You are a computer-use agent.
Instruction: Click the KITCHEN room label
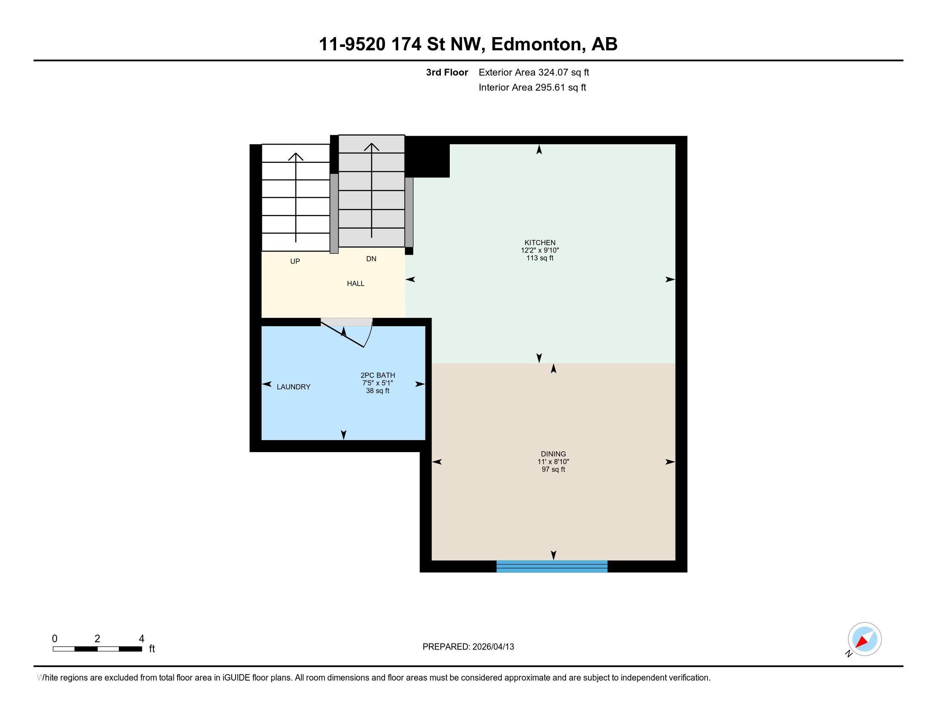click(x=540, y=243)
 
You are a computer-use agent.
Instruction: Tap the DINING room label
click(x=553, y=454)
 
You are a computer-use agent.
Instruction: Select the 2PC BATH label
click(x=377, y=375)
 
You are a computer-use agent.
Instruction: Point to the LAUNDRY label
click(x=293, y=387)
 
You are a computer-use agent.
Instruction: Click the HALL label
click(x=356, y=284)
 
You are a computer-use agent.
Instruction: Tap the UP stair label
click(x=295, y=261)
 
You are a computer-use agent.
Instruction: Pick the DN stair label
click(x=371, y=258)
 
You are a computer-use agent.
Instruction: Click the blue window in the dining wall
click(x=552, y=566)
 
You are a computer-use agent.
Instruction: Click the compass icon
click(x=865, y=639)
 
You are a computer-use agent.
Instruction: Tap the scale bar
click(x=98, y=649)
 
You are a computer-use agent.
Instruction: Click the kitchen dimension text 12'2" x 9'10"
click(x=540, y=250)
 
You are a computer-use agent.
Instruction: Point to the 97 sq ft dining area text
click(x=553, y=470)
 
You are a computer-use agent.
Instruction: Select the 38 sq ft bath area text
click(x=377, y=391)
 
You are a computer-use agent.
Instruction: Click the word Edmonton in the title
click(x=538, y=44)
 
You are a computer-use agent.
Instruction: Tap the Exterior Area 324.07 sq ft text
click(x=534, y=72)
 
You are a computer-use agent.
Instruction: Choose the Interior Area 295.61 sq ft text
click(x=532, y=87)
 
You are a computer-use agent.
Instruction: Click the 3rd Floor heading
click(x=447, y=72)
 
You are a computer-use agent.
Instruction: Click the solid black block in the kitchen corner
click(x=427, y=157)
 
